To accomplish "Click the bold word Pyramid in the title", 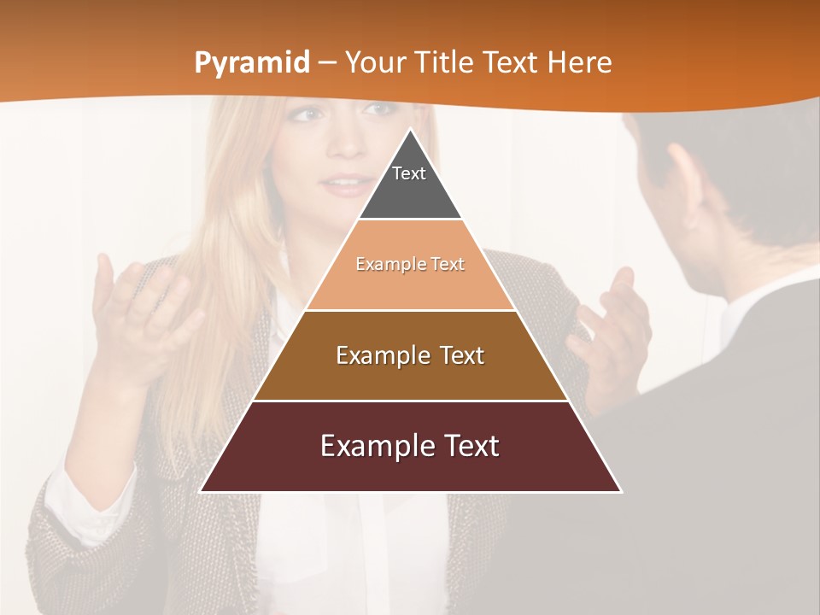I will (x=251, y=63).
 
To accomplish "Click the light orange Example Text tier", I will (x=410, y=265).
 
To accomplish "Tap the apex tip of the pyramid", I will (x=410, y=130).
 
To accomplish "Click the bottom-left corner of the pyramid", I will (x=202, y=491).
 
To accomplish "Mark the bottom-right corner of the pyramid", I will (x=620, y=491).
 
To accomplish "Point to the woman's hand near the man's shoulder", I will (x=611, y=333).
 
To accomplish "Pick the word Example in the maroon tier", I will (x=372, y=446).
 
